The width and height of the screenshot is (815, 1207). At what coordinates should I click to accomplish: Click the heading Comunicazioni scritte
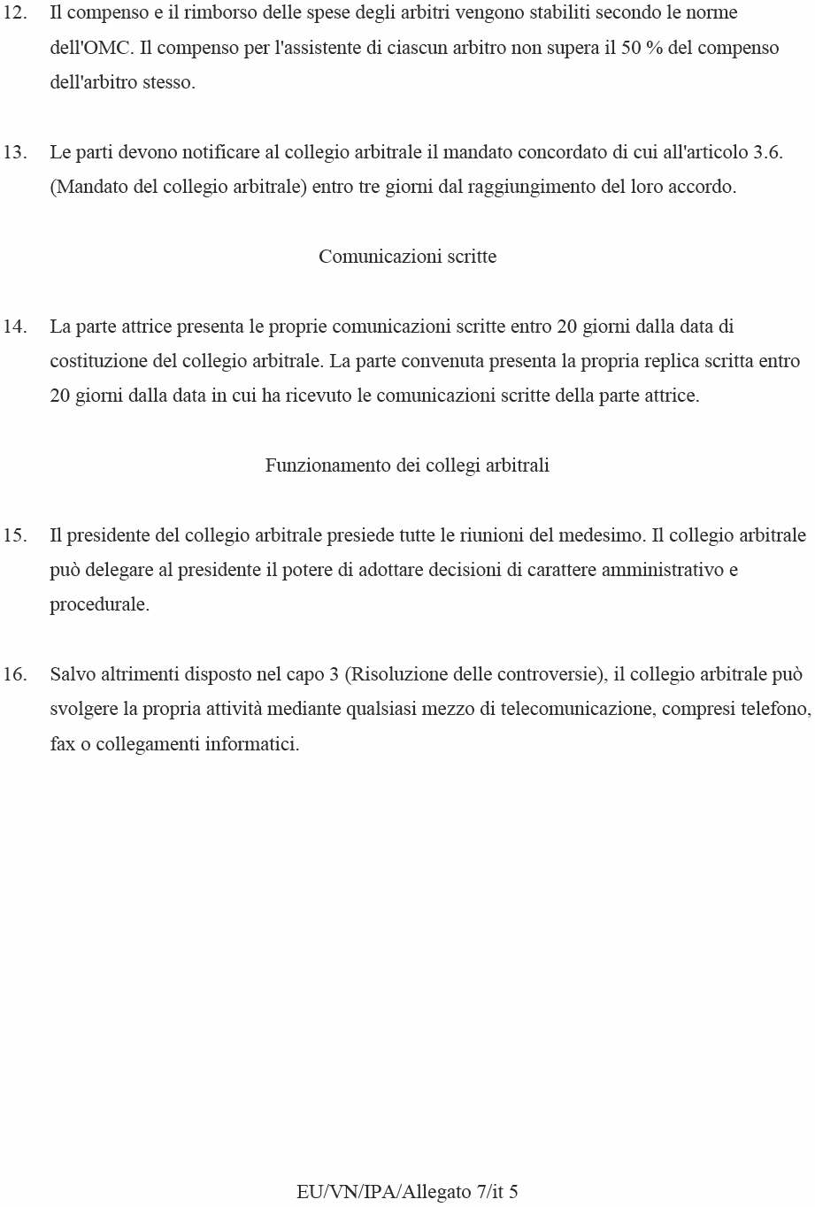pyautogui.click(x=407, y=257)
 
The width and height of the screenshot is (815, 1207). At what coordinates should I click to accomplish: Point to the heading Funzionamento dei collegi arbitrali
pyautogui.click(x=407, y=465)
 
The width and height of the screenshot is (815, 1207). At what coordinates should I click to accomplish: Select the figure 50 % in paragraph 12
pyautogui.click(x=642, y=48)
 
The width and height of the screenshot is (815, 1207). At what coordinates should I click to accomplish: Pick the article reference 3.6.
pyautogui.click(x=767, y=152)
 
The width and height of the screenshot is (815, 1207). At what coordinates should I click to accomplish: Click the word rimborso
pyautogui.click(x=219, y=13)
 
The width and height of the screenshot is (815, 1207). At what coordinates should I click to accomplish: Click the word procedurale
pyautogui.click(x=99, y=605)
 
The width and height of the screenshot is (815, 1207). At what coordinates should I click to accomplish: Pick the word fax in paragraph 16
pyautogui.click(x=63, y=744)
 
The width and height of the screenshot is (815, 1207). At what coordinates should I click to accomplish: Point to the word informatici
pyautogui.click(x=252, y=744)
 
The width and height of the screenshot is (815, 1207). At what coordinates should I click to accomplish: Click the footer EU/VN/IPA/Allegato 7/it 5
pyautogui.click(x=407, y=1192)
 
